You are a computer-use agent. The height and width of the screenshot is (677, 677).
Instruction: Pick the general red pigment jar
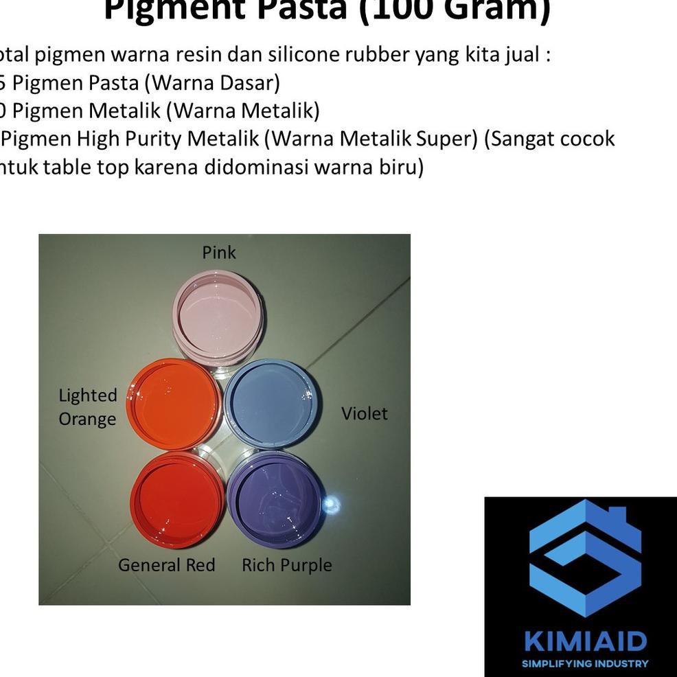coord(178,498)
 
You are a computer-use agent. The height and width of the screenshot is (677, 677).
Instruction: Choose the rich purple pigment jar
coord(275,498)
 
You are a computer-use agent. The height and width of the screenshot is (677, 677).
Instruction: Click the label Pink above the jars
coord(219,253)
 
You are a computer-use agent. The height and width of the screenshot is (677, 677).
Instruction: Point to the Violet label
coord(365,413)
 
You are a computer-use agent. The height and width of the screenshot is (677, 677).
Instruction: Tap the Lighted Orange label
coord(88,407)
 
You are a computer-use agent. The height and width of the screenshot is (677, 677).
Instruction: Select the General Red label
coord(166,565)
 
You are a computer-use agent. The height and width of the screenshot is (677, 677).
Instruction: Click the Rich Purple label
coord(286,565)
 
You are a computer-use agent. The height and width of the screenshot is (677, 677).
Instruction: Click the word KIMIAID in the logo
coord(585,642)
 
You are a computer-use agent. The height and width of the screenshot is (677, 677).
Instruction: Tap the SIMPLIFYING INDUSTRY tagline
coord(585,664)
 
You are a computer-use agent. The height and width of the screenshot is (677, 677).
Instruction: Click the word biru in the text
coord(398,167)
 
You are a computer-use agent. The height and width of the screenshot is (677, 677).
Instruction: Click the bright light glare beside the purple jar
coord(332,506)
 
